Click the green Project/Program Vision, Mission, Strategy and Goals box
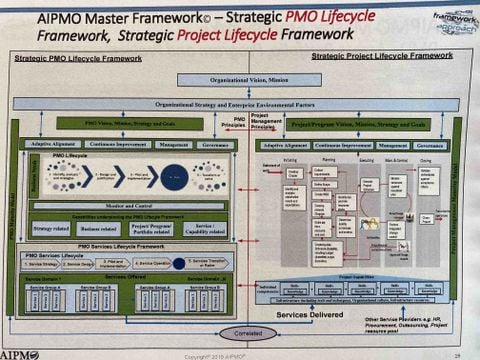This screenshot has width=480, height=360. point(356,125)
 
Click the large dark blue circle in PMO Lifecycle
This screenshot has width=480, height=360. point(174,178)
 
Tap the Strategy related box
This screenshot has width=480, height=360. point(50,228)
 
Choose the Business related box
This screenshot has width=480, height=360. point(98,228)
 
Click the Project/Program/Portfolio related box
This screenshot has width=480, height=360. point(151,228)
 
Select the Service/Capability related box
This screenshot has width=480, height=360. point(204,228)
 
